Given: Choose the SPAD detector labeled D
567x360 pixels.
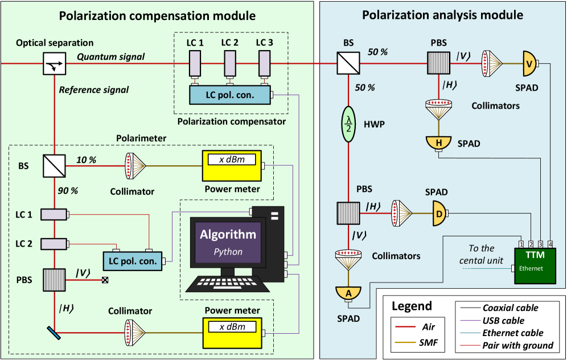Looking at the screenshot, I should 439,213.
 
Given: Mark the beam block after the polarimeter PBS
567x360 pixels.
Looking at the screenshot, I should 104,280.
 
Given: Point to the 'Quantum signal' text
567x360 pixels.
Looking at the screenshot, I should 111,56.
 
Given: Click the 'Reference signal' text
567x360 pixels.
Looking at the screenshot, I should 94,89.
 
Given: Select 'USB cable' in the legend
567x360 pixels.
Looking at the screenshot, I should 503,320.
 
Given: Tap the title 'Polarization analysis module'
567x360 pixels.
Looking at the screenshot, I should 443,15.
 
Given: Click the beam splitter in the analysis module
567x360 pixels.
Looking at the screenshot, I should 347,63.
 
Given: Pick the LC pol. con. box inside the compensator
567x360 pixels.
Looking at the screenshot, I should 231,93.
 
